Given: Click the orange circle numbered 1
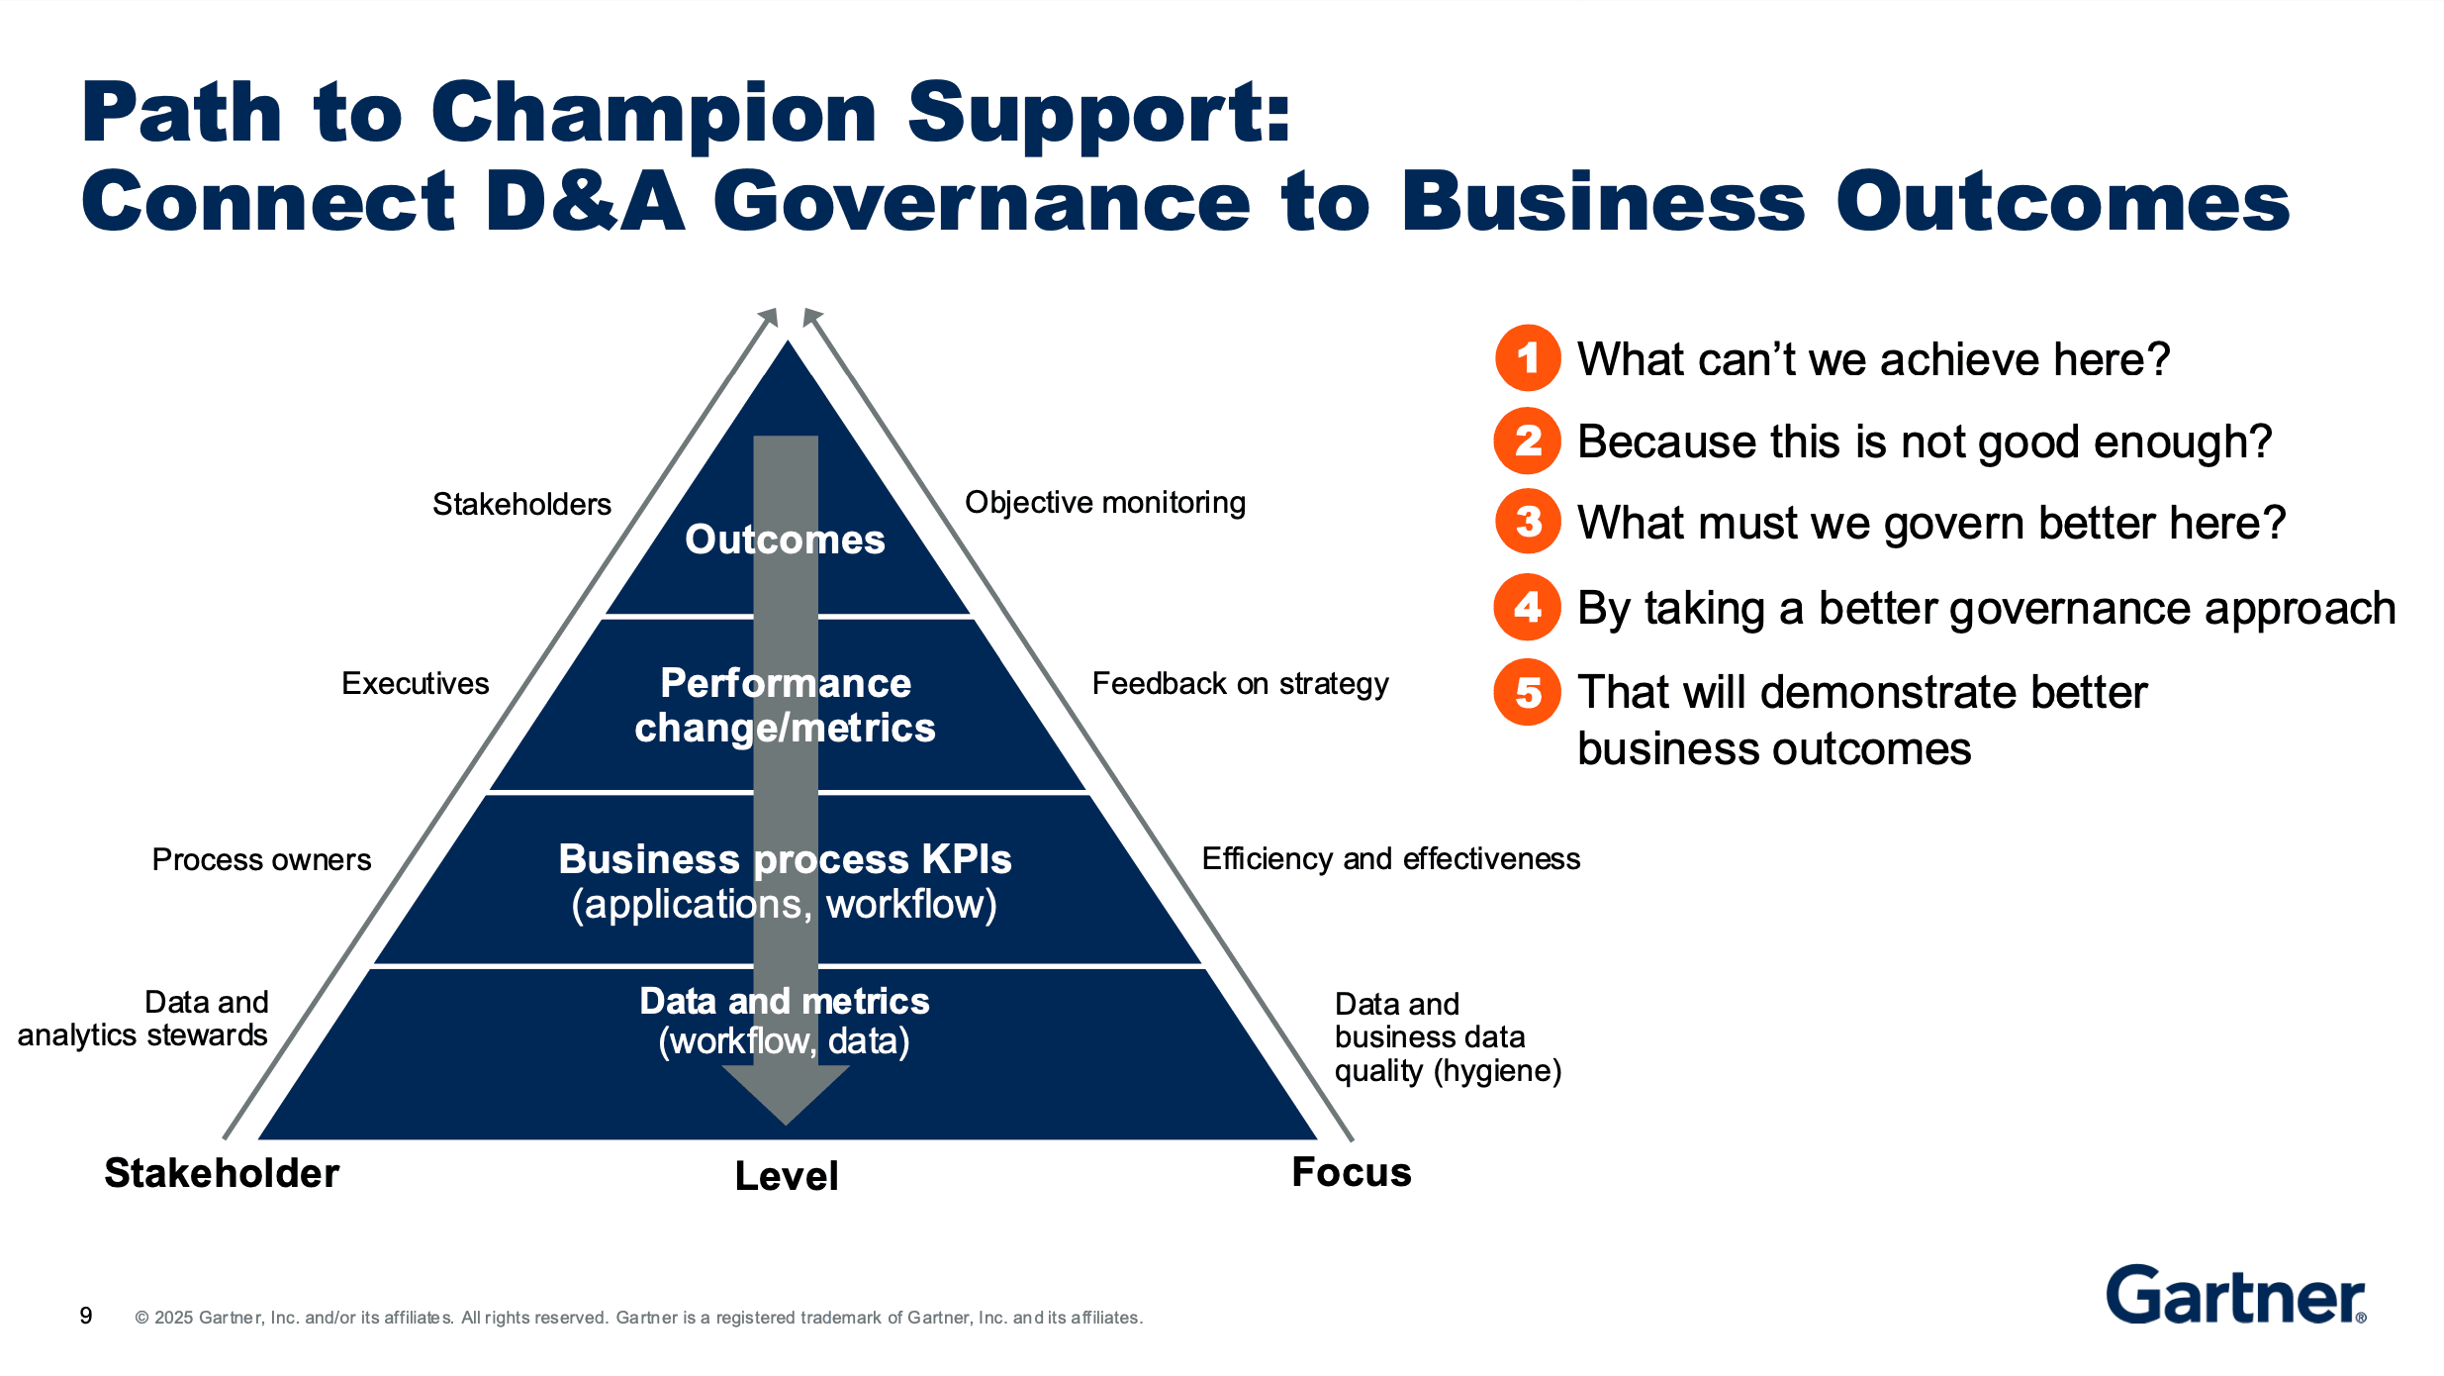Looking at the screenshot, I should coord(1528,357).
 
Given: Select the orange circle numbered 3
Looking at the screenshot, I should coord(1528,522).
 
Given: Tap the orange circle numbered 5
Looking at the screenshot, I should coord(1528,692).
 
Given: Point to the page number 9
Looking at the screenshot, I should coord(86,1316).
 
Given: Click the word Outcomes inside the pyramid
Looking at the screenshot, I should coord(785,540).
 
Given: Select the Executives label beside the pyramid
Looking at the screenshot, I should coord(415,683).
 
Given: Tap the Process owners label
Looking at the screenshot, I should coord(261,859).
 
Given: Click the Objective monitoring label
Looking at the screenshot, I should coord(1105,503).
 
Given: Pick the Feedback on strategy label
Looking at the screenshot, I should coord(1240,683).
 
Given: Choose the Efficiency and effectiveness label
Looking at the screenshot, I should coord(1390,858).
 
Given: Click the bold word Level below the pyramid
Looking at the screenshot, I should coord(787,1176).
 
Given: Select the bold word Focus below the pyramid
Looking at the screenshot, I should coord(1352,1172).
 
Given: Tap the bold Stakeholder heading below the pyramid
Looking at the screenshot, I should coord(222,1173).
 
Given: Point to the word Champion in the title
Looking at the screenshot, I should coord(653,113).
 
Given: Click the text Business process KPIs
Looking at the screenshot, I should coord(785,859).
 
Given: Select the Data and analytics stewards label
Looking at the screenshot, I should coord(143,1019).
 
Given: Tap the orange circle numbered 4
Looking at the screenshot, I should coord(1528,607).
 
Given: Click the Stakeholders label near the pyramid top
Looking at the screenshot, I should coord(521,505).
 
